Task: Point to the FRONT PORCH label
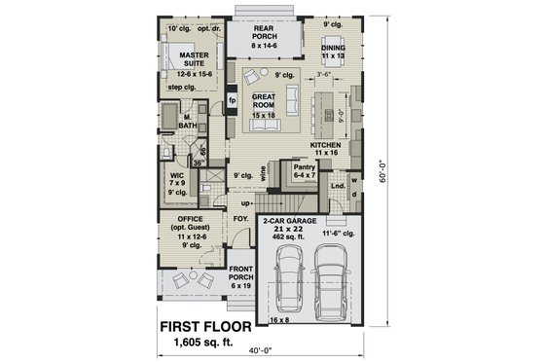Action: (x=240, y=272)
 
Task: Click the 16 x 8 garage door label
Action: (x=279, y=319)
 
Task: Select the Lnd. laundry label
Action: (x=337, y=184)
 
